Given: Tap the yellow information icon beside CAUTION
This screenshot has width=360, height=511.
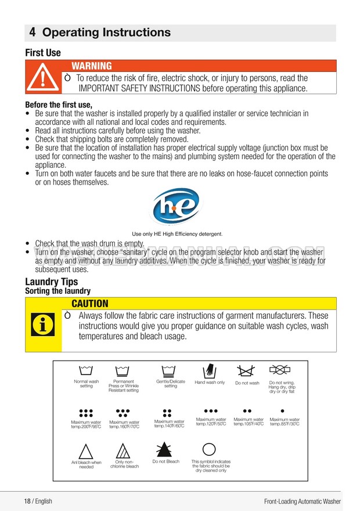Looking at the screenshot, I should [43, 325].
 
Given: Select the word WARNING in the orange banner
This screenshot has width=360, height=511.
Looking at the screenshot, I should [92, 66].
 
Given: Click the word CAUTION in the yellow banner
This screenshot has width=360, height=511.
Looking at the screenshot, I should [89, 303].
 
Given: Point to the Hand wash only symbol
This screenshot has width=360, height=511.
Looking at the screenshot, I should [210, 371].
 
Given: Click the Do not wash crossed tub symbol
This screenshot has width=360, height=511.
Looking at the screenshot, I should [247, 370].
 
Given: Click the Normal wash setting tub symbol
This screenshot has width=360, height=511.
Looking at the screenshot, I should [86, 370].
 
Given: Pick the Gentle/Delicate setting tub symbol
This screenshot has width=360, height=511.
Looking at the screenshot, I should [170, 370].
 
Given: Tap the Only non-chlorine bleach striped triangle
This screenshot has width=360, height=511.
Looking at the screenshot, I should [123, 451].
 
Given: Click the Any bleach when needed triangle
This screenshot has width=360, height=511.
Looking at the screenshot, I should [86, 451].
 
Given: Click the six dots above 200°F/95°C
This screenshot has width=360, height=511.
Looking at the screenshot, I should [86, 413].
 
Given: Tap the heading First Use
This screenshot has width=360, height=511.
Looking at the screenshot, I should [42, 53].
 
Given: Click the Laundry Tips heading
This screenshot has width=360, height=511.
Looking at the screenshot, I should [52, 282].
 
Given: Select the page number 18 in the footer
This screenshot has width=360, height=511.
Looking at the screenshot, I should [27, 501].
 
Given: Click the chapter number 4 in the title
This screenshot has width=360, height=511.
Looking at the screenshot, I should [34, 33].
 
